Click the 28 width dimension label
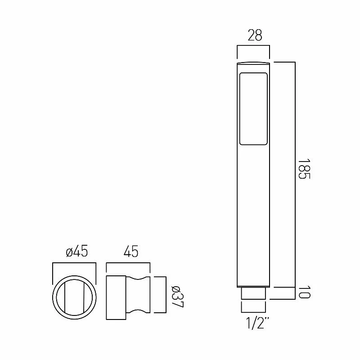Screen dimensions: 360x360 (255, 36)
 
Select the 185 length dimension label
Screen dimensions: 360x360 (305, 169)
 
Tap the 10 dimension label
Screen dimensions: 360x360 (305, 292)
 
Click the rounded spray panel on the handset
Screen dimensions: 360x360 (254, 108)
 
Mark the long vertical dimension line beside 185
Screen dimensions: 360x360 (295, 173)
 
